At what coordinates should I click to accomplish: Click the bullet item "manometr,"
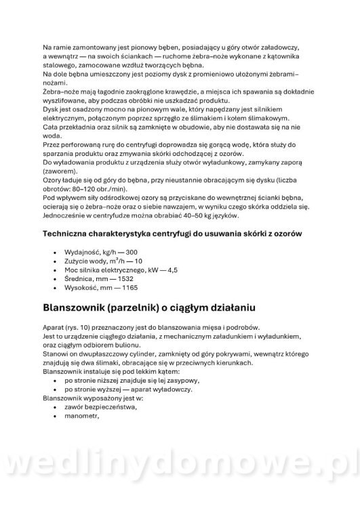[x=83, y=417]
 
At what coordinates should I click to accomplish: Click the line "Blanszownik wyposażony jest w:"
[x=95, y=399]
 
